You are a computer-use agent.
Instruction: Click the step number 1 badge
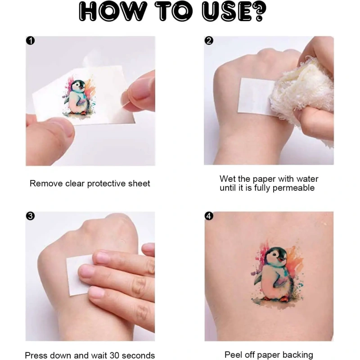30,40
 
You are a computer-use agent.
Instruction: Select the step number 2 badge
209,40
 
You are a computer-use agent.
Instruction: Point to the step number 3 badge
30,216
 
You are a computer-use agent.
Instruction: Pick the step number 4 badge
209,216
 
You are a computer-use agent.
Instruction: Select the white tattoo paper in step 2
254,96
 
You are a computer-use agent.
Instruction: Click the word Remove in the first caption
46,184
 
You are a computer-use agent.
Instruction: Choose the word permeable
293,188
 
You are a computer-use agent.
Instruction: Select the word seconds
138,355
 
